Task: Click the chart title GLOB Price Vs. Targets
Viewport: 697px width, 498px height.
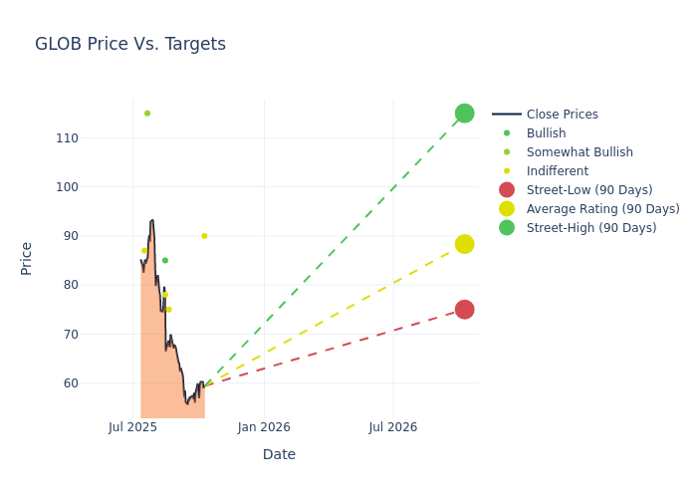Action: tap(130, 44)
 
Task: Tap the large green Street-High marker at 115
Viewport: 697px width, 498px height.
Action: tap(464, 114)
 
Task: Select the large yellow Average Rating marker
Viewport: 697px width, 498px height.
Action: tap(464, 244)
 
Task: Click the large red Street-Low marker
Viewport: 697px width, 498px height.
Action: tap(464, 310)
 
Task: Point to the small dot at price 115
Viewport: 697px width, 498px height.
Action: tap(147, 114)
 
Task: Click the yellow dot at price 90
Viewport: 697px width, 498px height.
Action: tap(204, 236)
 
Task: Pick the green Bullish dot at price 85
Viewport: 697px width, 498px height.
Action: tap(165, 261)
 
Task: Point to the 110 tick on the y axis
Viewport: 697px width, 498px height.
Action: tap(95, 138)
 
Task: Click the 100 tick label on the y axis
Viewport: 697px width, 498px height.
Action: tap(95, 187)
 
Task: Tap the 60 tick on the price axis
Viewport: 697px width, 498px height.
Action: tap(98, 383)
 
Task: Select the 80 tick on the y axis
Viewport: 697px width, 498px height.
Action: tap(98, 285)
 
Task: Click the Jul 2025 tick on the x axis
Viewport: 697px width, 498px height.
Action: tap(133, 427)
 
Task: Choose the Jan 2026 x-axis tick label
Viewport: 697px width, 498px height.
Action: tap(264, 427)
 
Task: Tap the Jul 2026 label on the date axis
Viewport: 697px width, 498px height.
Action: tap(393, 427)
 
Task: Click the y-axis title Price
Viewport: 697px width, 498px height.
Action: tap(27, 258)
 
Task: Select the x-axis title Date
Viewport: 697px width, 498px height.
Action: tap(279, 455)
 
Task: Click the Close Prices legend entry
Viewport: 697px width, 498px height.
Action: tap(562, 115)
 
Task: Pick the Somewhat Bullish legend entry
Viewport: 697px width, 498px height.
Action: tap(580, 152)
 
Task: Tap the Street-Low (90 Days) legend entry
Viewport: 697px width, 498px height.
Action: tap(589, 190)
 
